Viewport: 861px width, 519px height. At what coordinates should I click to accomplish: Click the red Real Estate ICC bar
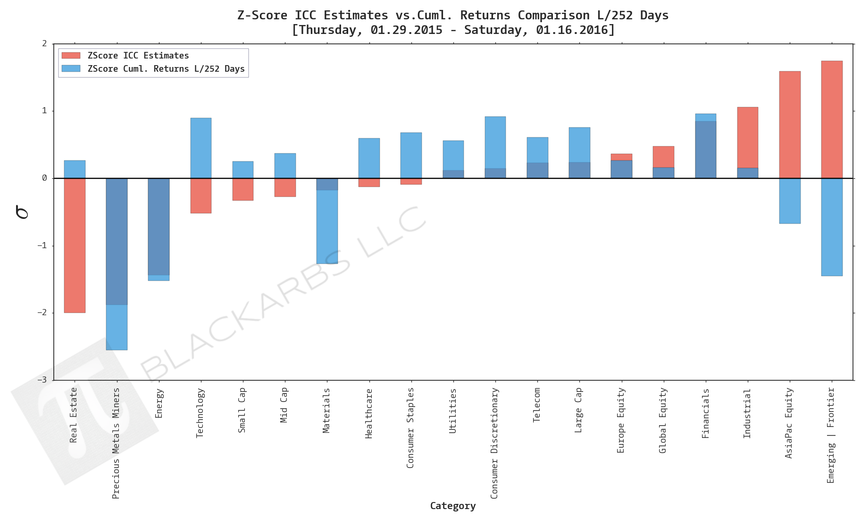pos(75,245)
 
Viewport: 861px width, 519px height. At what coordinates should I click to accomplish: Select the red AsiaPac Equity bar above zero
pos(790,125)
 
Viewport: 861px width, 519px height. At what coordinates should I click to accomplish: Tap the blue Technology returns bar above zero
pos(201,148)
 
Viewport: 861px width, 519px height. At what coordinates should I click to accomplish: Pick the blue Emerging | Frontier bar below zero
pos(832,227)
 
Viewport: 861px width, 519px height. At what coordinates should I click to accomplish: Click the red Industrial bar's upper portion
pos(748,137)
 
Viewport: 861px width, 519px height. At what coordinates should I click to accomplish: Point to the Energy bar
pos(159,226)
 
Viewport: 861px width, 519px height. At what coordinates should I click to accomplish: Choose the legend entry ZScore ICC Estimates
pos(138,56)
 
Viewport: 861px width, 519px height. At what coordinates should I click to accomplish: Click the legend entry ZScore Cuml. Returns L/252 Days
pos(166,69)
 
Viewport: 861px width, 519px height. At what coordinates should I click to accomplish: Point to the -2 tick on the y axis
pos(44,313)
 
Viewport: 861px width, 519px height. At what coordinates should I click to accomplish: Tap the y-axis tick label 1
pos(45,111)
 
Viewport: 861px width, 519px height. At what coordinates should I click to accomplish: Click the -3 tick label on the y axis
pos(44,380)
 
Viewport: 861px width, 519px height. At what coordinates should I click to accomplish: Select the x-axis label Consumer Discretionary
pos(494,443)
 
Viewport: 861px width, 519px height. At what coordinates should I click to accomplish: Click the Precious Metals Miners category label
pos(116,443)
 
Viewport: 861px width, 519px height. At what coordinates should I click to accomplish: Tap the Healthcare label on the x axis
pos(369,413)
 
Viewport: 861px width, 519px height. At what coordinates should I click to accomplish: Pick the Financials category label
pos(706,413)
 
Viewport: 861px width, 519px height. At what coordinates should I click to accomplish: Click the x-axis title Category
pos(452,506)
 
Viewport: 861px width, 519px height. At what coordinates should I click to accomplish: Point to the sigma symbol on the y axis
pos(22,212)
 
